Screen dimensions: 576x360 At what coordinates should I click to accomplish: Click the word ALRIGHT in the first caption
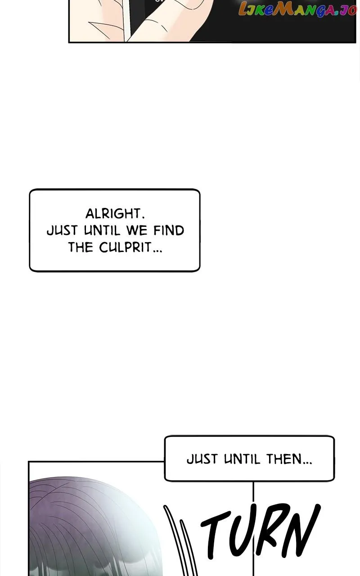pyautogui.click(x=115, y=213)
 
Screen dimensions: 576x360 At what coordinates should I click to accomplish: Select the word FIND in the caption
pyautogui.click(x=169, y=230)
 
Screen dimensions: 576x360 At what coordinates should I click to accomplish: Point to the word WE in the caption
pyautogui.click(x=136, y=230)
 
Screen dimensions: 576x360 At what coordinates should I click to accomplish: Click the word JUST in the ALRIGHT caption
pyautogui.click(x=62, y=230)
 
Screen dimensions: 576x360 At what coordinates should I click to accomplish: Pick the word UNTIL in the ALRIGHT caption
pyautogui.click(x=102, y=230)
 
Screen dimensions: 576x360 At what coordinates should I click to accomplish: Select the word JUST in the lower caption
pyautogui.click(x=202, y=459)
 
